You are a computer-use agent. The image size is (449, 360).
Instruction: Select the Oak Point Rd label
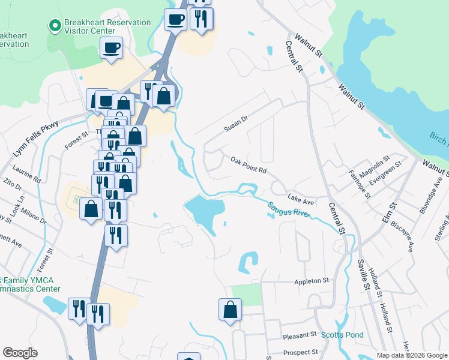point(248,165)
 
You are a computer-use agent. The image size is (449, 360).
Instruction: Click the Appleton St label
point(312,280)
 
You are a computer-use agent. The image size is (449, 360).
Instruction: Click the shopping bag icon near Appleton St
point(230,310)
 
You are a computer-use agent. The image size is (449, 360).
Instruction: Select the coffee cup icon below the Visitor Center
point(112,47)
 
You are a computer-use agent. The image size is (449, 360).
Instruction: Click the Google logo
point(20,353)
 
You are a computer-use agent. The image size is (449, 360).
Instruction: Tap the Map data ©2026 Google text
point(412,355)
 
